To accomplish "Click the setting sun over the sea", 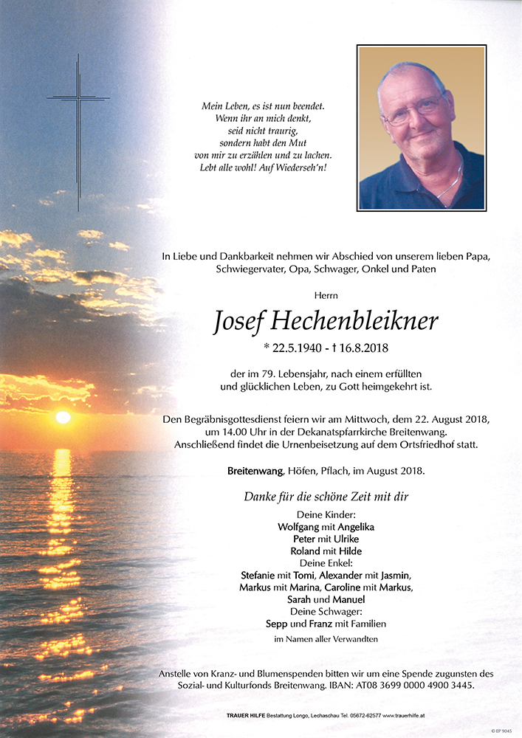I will (63, 418).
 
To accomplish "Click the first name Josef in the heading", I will (237, 321).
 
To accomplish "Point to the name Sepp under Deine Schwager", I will (277, 624).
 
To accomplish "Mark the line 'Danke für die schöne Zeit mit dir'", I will (326, 497).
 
